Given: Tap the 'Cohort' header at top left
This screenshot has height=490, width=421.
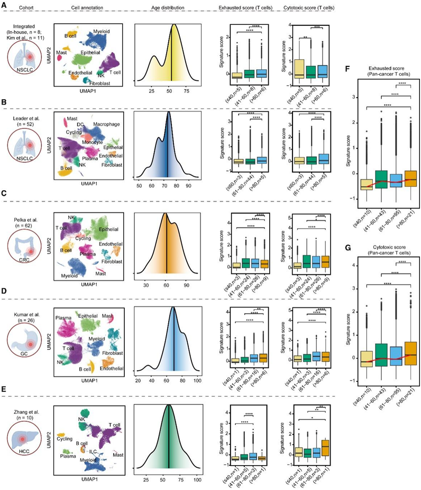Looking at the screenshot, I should click(24, 8).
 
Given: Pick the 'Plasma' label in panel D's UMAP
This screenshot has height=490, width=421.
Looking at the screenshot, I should click(66, 318).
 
